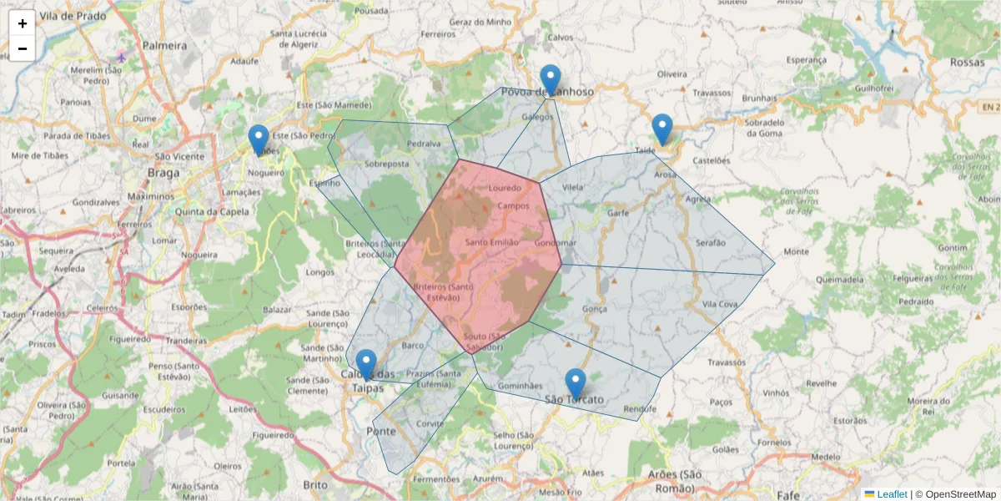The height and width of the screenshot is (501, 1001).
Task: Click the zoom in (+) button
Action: point(23,23)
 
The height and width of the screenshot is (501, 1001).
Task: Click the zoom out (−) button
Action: point(23,48)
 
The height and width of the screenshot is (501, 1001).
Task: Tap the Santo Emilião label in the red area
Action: point(492,242)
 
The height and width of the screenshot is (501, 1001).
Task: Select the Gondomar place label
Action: point(556,243)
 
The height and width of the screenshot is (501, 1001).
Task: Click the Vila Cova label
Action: point(720,305)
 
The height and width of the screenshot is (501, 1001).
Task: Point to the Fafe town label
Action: point(789,483)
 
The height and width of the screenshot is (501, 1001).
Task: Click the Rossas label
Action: point(967,63)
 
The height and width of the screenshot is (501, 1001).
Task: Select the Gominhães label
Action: point(520,387)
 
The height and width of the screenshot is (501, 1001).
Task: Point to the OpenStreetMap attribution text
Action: point(955,494)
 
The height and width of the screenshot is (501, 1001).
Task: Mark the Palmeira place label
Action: point(164,45)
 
